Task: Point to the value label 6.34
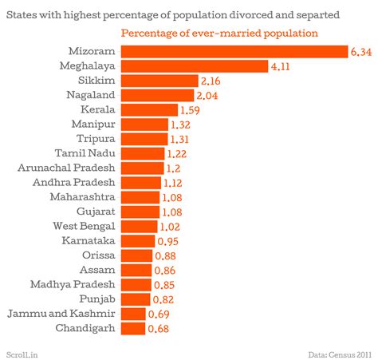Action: (x=360, y=53)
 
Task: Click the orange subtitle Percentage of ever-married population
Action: (x=219, y=33)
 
